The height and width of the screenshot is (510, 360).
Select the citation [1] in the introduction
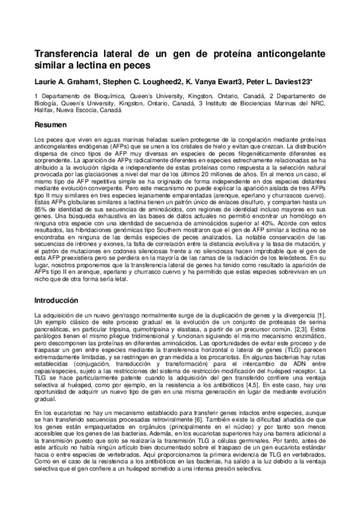(x=321, y=315)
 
